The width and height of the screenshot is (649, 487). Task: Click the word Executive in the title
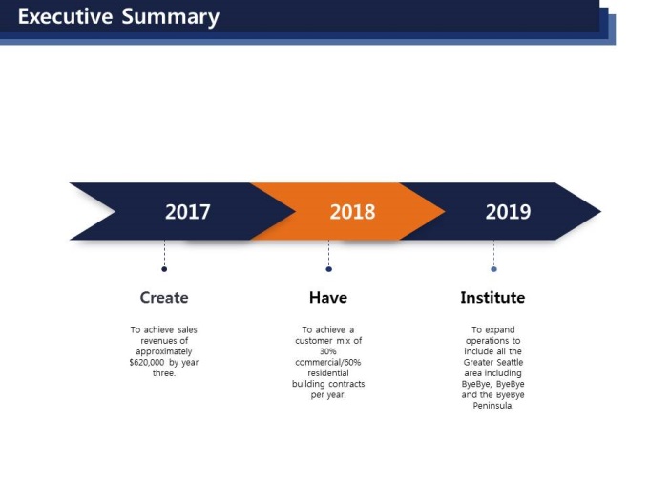coord(66,16)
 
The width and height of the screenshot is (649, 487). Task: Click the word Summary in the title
coord(171,18)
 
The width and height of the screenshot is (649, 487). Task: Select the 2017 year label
coord(187,212)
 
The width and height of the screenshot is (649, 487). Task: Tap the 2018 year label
coord(352,212)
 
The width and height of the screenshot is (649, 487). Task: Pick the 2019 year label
coord(508,212)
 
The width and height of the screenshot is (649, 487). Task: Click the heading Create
coord(164,297)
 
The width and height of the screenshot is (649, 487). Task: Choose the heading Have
coord(328,297)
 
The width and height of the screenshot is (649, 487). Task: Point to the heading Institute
coord(492,297)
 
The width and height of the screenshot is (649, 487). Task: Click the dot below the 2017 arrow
coord(164,269)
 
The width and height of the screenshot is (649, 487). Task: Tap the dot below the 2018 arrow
coord(328,269)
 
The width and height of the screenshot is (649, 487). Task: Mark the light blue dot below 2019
coord(493,269)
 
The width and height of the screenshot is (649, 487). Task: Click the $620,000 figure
coord(147,362)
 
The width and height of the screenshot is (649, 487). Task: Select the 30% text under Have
coord(327,351)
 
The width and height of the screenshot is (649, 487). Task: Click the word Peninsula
coord(493,406)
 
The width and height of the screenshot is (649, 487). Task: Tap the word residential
coord(328,372)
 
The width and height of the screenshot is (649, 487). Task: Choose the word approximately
coord(164,351)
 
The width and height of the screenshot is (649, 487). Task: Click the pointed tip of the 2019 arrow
coord(600,211)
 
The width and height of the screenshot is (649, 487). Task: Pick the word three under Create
coord(164,373)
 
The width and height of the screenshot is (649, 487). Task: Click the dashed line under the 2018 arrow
coord(328,253)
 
